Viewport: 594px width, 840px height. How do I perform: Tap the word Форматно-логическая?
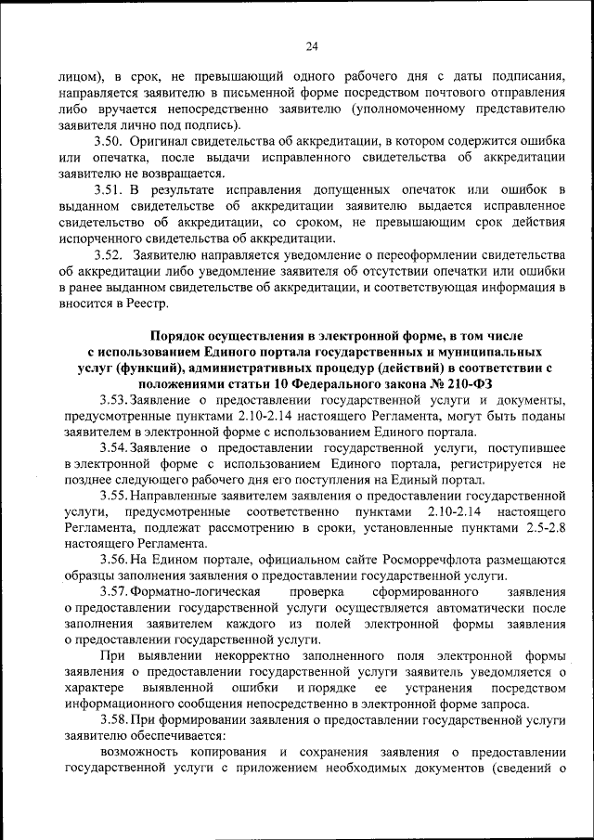point(198,591)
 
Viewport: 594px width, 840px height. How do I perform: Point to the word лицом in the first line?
point(86,77)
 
